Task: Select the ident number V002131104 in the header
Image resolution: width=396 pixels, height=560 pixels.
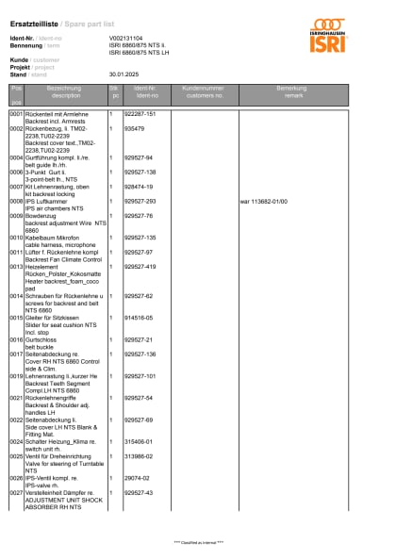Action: click(x=126, y=37)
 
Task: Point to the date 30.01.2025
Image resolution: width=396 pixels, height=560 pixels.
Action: click(x=124, y=74)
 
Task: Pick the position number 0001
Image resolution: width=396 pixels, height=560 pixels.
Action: click(x=16, y=113)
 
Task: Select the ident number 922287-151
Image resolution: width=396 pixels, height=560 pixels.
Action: click(x=140, y=113)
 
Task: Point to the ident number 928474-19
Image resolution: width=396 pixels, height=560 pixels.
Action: click(x=139, y=187)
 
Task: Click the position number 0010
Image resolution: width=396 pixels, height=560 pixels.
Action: click(x=16, y=238)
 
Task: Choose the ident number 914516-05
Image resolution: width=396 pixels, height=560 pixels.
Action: click(x=139, y=318)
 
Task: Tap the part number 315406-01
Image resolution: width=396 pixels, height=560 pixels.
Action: click(x=139, y=441)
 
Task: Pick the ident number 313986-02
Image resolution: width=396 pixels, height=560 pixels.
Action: click(x=139, y=455)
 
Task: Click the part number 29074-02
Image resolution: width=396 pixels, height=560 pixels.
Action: click(x=137, y=477)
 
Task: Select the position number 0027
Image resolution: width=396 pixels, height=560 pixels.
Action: click(x=16, y=492)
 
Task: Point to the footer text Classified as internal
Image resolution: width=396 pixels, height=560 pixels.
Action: click(x=198, y=543)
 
